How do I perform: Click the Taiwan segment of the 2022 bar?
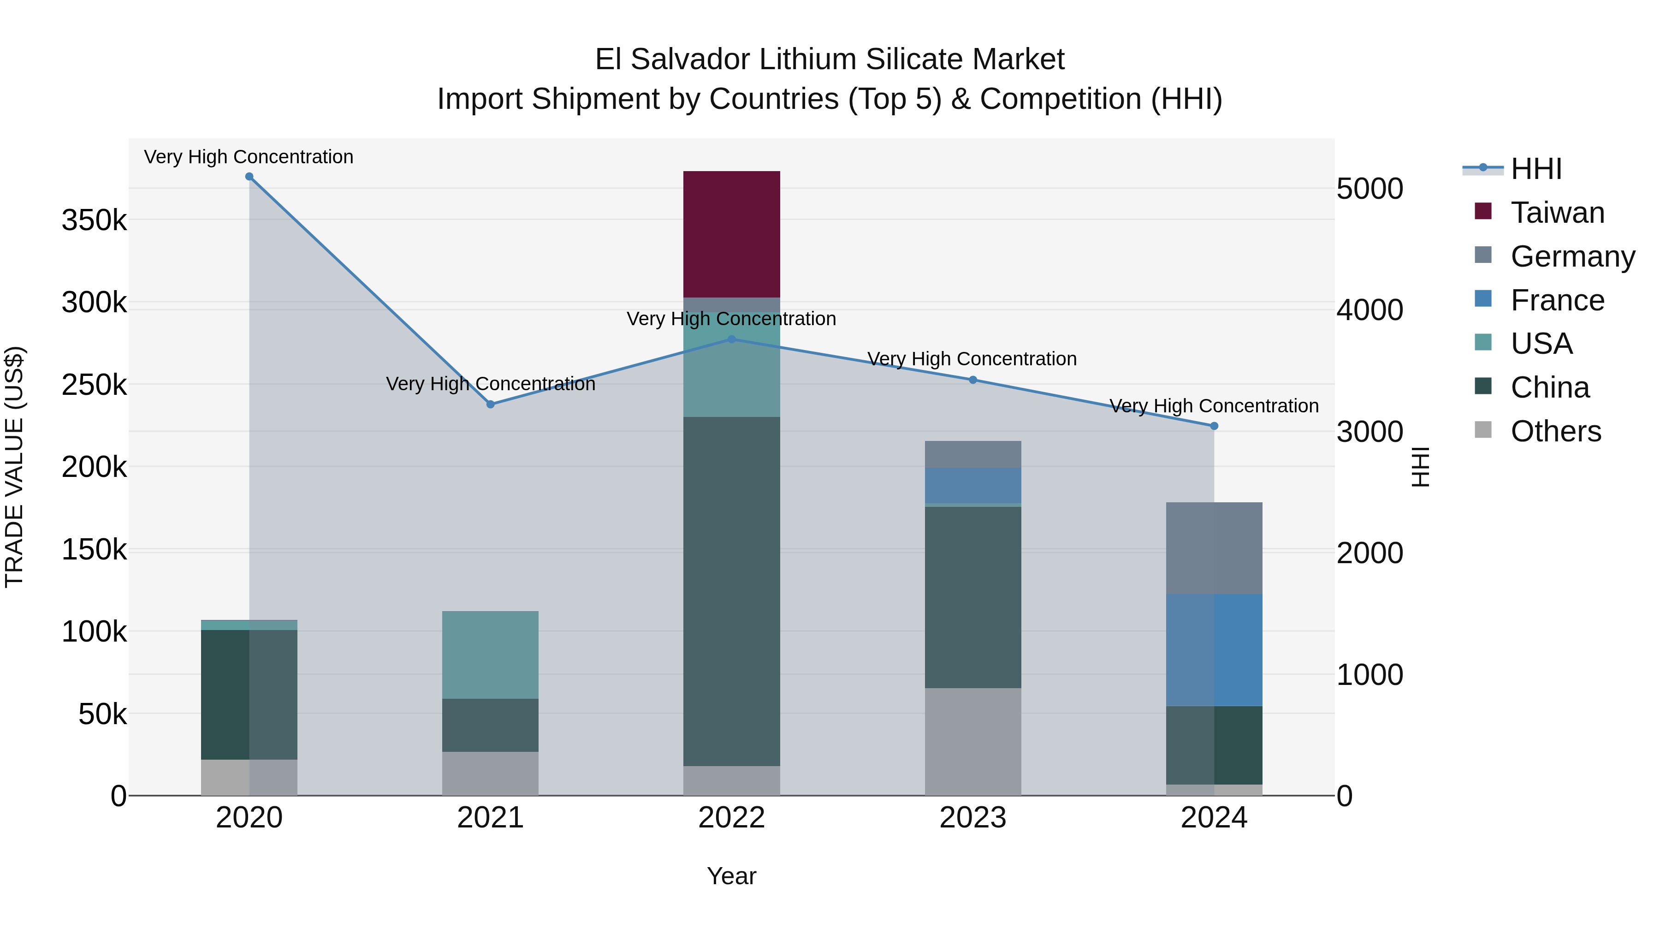click(x=731, y=234)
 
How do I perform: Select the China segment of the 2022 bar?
click(x=731, y=591)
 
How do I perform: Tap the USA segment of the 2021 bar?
click(x=491, y=654)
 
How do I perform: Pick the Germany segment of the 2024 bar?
click(x=1214, y=548)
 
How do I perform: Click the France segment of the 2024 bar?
click(x=1214, y=650)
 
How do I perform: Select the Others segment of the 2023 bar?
click(x=973, y=741)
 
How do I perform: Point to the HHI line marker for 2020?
click(x=249, y=177)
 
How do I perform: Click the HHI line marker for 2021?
click(x=491, y=404)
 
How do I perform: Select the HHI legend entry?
click(x=1536, y=169)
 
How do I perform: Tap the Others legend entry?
click(x=1556, y=431)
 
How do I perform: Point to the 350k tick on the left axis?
click(x=94, y=220)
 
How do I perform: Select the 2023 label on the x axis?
click(x=973, y=818)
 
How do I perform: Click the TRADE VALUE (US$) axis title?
click(x=14, y=467)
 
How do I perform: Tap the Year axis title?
click(x=731, y=876)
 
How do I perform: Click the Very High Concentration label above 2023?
click(x=972, y=359)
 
